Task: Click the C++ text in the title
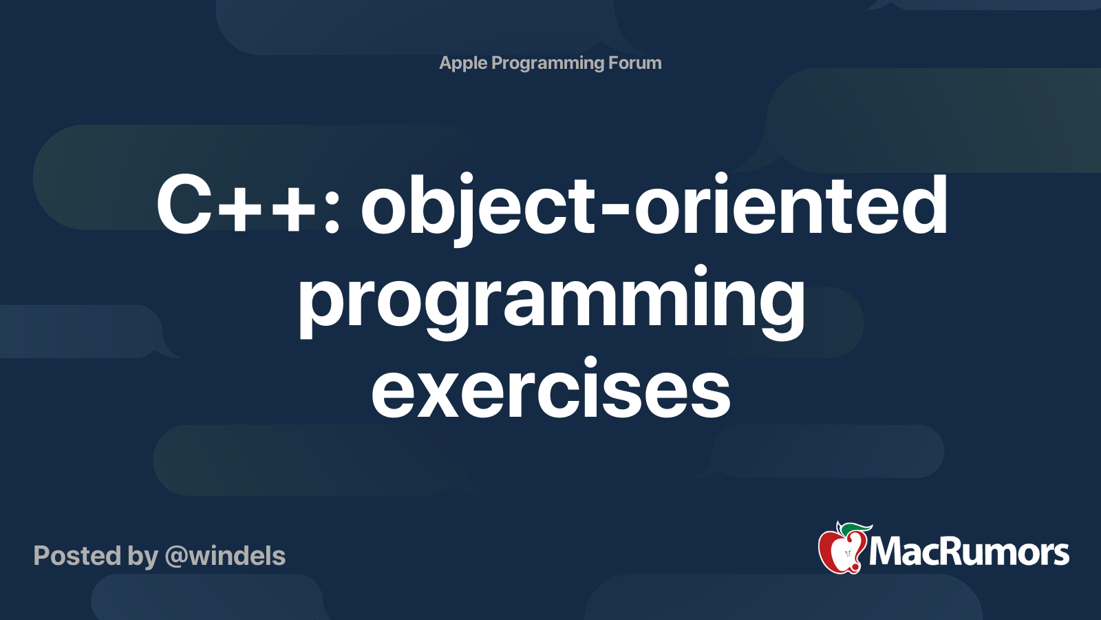tap(235, 205)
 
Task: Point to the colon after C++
tap(332, 209)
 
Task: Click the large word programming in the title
tap(551, 301)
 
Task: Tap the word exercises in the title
tap(551, 389)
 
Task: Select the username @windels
tap(225, 556)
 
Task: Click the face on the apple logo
tap(848, 555)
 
